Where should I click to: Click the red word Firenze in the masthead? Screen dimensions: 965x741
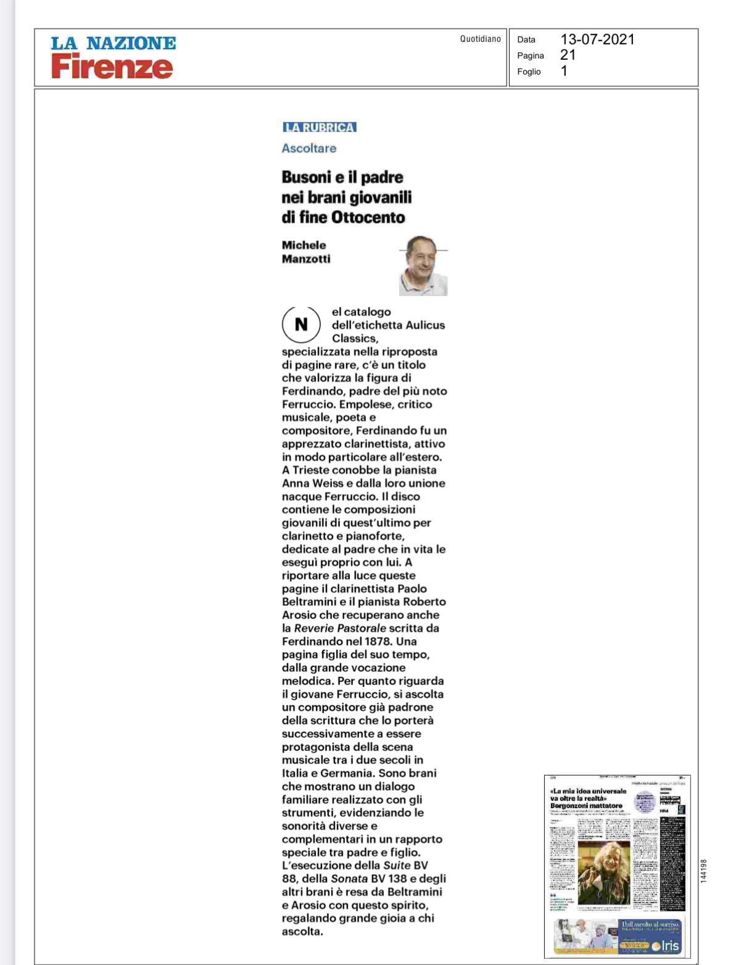[112, 67]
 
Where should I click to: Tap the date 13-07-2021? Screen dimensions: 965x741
[597, 39]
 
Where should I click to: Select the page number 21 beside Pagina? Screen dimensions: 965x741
[568, 55]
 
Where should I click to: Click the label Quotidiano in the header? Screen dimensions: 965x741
[480, 39]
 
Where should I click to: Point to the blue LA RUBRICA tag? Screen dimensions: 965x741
[320, 127]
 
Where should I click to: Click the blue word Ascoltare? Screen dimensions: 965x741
[309, 148]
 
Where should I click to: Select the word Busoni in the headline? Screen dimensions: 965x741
[306, 177]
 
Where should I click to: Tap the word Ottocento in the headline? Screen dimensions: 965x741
[368, 217]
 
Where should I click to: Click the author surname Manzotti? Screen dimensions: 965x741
[306, 259]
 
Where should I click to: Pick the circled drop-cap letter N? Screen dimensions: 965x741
[301, 325]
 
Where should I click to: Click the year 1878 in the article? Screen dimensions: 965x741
[378, 642]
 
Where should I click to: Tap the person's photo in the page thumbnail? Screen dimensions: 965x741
[603, 872]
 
